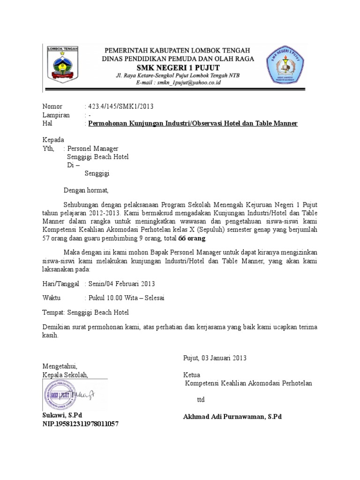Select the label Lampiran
[x=56, y=115]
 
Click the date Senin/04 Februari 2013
[x=121, y=284]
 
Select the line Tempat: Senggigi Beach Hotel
[x=85, y=312]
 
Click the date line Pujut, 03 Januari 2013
[x=214, y=358]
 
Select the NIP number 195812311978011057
[x=81, y=424]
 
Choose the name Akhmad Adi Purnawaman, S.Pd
[x=232, y=417]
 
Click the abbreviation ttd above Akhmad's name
[x=201, y=400]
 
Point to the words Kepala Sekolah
[x=65, y=375]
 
